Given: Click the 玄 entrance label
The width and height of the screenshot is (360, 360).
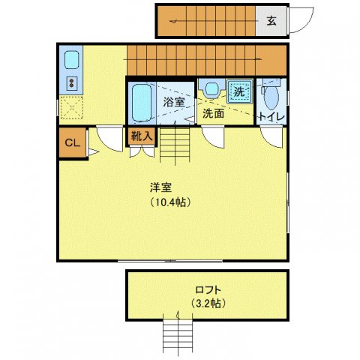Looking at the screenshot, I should coord(271,21).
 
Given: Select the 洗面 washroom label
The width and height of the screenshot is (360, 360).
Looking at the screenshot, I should coord(212,114).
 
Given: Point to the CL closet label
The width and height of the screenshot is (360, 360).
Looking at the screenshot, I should coord(72,142).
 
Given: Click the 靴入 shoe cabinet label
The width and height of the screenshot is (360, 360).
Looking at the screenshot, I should coord(142,136).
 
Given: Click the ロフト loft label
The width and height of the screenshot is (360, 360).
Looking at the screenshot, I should coord(207,289).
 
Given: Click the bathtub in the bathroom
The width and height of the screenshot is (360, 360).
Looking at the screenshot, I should coord(142,103).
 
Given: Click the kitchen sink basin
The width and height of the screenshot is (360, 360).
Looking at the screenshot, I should coord(72,60).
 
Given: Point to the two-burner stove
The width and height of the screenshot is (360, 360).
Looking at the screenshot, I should coord(72,83).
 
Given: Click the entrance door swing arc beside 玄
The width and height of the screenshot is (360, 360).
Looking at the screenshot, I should coord(301,19).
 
